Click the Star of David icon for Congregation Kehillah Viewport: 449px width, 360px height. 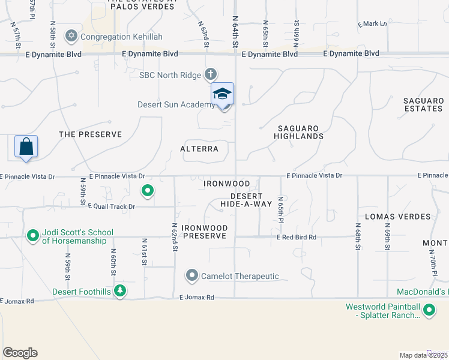(72, 37)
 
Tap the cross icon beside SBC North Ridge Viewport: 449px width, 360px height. (210, 74)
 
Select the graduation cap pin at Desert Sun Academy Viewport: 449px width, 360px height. (222, 95)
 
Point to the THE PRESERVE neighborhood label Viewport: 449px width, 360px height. (90, 134)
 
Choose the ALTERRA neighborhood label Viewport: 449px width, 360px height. (199, 148)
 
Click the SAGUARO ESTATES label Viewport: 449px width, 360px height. (423, 104)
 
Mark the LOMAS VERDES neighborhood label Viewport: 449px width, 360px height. (398, 216)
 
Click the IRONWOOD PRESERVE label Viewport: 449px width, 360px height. (205, 232)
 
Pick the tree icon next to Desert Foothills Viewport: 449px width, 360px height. (121, 291)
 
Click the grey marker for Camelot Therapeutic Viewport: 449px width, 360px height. (192, 276)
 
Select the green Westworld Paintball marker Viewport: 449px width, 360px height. (429, 311)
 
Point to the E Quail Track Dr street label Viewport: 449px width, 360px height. (112, 206)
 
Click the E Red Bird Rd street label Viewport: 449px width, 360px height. (296, 238)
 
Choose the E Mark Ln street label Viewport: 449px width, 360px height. (372, 24)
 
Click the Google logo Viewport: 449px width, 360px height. (20, 353)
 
